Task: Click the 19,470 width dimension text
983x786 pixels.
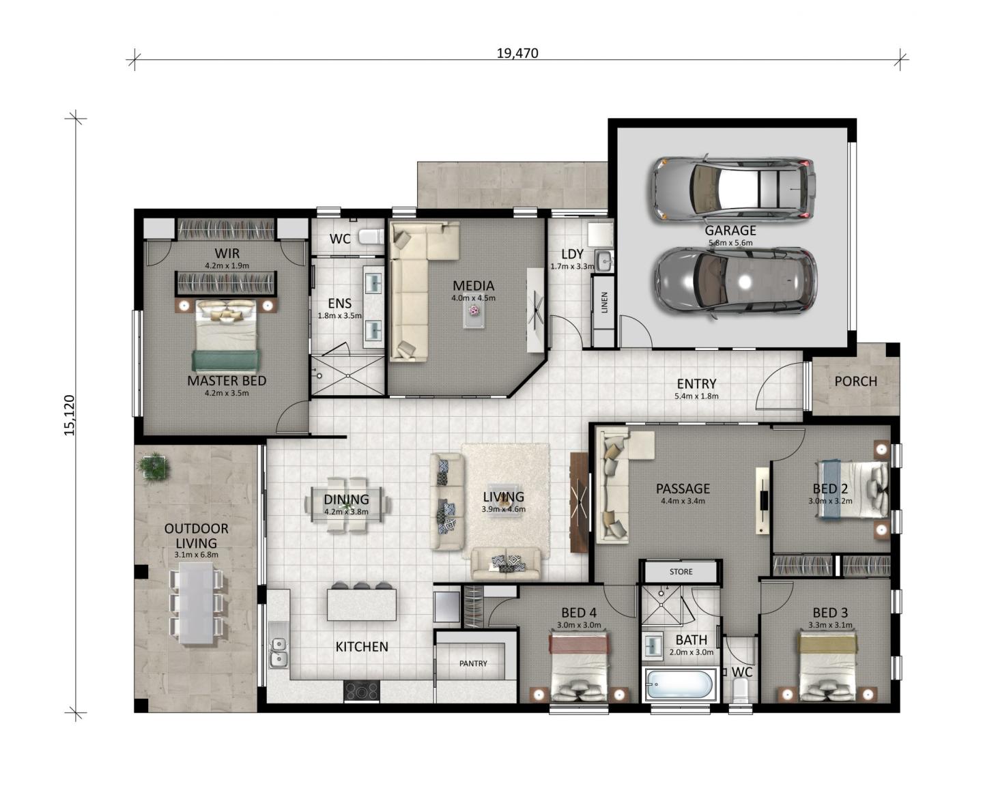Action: tap(517, 53)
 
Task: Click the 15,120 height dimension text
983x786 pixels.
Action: tap(70, 415)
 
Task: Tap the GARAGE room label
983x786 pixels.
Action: tap(730, 230)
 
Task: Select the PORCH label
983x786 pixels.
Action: tap(855, 381)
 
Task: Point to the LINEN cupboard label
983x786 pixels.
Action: tap(605, 302)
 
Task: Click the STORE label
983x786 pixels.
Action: tap(681, 572)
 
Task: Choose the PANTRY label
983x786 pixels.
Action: tap(473, 663)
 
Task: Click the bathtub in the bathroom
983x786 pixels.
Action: tap(679, 685)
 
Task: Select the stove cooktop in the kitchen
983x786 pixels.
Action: tap(361, 690)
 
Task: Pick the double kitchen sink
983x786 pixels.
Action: tap(279, 652)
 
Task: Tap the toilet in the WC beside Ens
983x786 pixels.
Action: tap(371, 237)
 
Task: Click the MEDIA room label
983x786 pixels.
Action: tap(473, 286)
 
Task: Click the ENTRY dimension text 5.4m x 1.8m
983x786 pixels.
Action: tap(696, 396)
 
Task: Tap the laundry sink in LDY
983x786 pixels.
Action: tap(605, 261)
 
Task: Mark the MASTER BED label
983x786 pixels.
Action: tap(227, 381)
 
